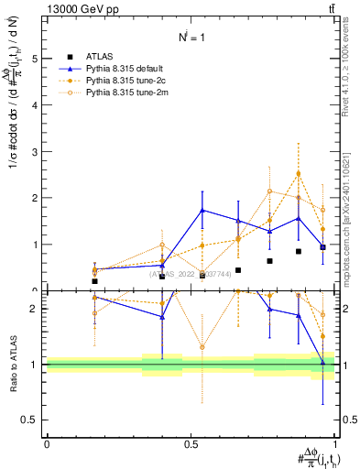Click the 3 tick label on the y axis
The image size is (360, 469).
pyautogui.click(x=36, y=151)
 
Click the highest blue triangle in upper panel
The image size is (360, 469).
pyautogui.click(x=202, y=210)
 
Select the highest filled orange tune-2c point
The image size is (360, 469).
pyautogui.click(x=299, y=173)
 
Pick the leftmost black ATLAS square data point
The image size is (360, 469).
pyautogui.click(x=94, y=281)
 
